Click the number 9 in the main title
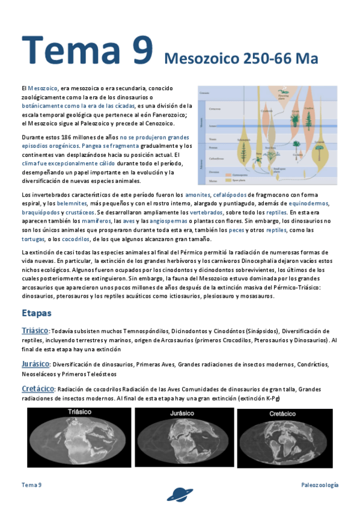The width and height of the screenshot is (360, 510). pos(139,49)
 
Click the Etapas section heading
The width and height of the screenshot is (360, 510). pos(37,313)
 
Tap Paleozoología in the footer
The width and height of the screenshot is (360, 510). pos(320,485)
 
